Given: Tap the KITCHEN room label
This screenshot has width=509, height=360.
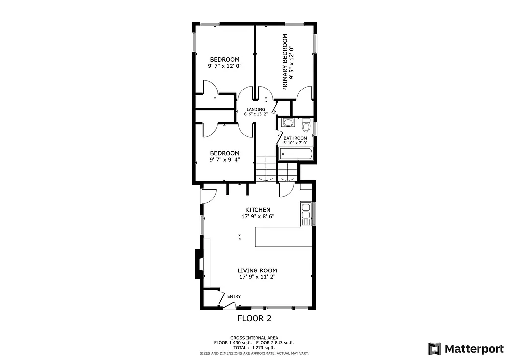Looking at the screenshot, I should click(257, 210).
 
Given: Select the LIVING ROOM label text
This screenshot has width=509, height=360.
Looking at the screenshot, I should click(257, 270).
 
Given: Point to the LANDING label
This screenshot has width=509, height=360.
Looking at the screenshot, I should click(255, 109).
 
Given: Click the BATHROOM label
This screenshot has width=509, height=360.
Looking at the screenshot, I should click(295, 138).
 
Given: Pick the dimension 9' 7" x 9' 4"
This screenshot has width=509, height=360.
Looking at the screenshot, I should click(224, 160).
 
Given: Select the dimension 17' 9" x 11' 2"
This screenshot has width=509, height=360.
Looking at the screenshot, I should click(257, 277).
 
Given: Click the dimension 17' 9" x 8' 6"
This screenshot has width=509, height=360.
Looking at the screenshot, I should click(257, 217).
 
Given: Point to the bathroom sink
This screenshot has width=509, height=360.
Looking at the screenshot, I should click(287, 122).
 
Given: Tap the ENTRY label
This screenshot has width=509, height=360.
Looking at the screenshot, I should click(234, 297).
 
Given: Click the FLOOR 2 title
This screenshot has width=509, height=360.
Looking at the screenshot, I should click(254, 318).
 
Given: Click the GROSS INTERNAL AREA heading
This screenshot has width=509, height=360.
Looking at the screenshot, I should click(254, 337).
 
